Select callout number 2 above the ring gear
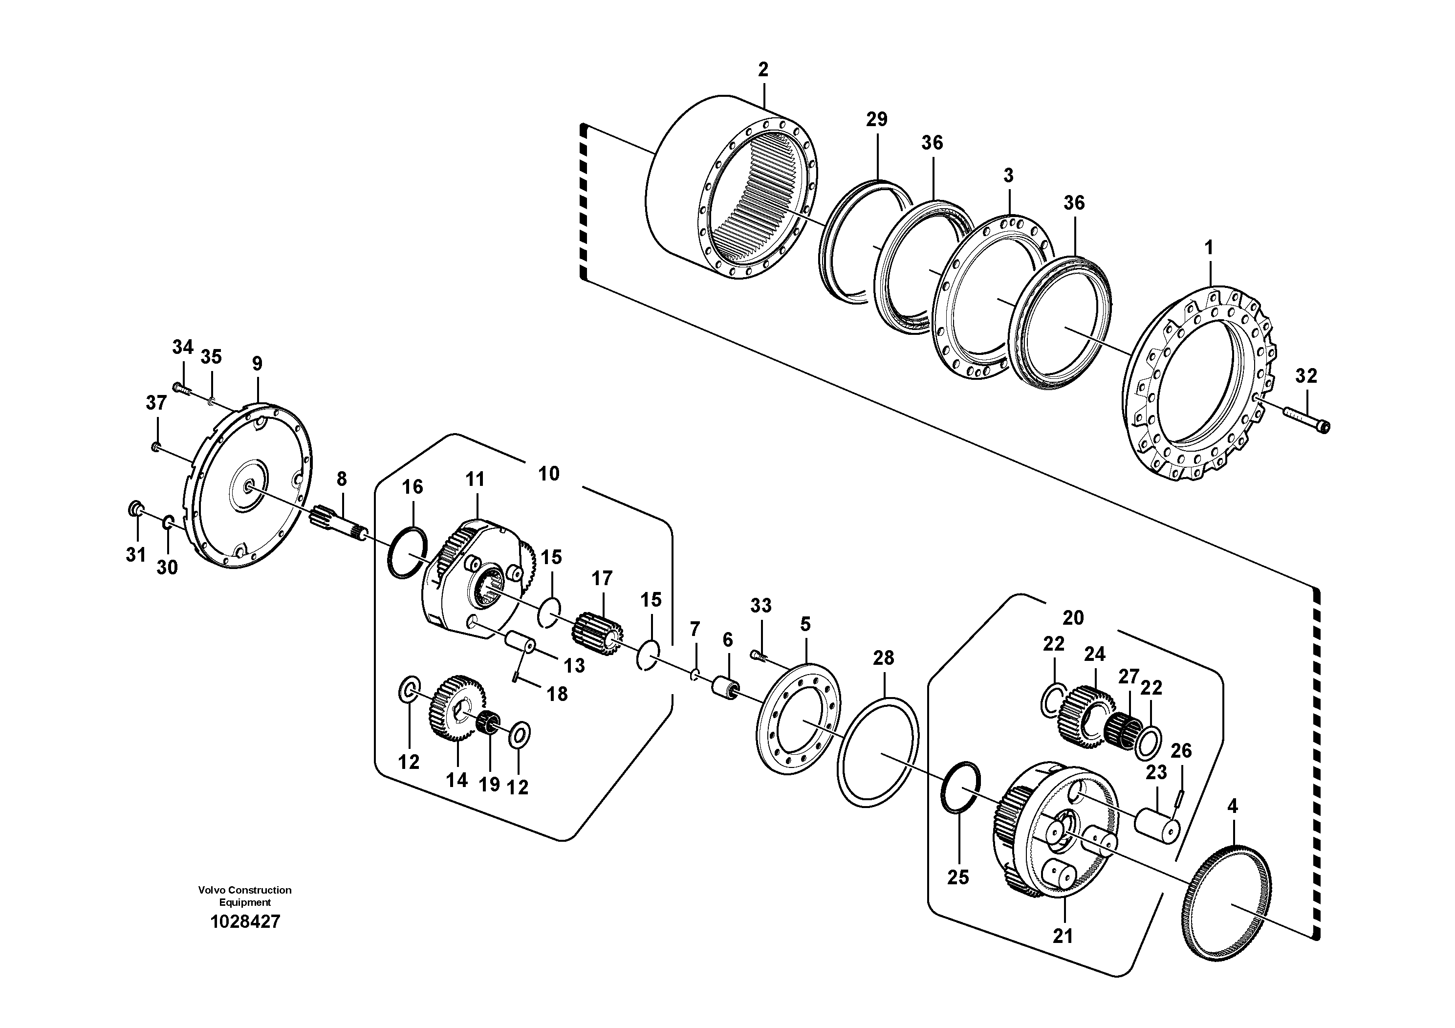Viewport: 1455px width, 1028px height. [x=763, y=70]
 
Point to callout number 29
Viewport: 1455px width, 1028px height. [x=876, y=119]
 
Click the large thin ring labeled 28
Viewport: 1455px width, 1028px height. [x=878, y=752]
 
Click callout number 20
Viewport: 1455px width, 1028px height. [x=1073, y=617]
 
